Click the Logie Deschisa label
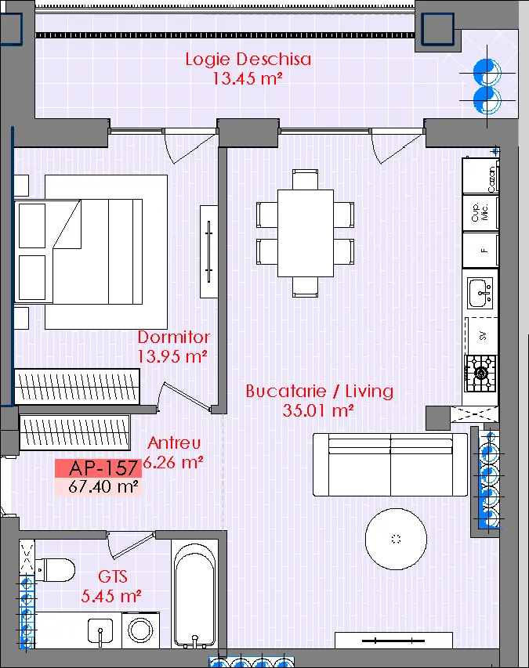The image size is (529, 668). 248,60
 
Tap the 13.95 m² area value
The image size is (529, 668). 172,356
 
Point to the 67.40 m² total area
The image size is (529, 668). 103,486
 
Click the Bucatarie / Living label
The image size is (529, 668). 319,391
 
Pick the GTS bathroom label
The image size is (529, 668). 113,576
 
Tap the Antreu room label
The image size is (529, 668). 174,443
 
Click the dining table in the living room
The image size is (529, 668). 305,233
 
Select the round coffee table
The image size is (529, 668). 396,539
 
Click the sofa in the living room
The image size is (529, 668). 390,465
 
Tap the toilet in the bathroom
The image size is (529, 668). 55,569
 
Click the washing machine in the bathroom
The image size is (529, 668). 140,630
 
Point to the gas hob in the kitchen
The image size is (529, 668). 481,374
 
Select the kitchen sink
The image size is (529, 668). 480,293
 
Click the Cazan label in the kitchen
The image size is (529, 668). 491,179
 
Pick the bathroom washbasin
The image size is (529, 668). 100,631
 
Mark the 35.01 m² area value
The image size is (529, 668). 318,410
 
